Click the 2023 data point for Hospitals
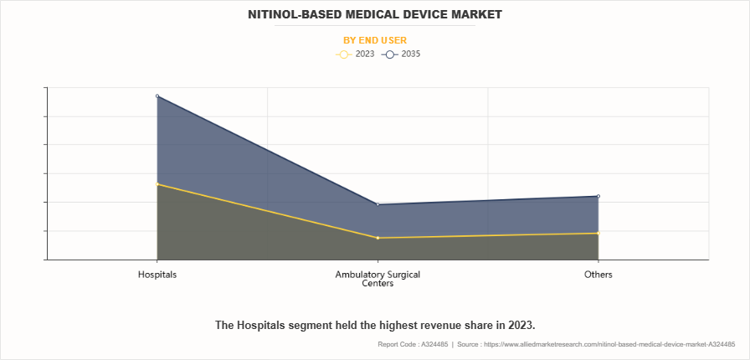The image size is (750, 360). pos(157,184)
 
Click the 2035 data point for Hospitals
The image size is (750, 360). pos(157,96)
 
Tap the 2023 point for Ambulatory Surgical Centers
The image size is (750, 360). pos(378,238)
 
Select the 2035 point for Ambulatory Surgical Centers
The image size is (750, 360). pos(378,204)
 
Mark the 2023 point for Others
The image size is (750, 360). pos(598,233)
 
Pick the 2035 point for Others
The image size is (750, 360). pos(598,196)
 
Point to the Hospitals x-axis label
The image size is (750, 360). pos(157,275)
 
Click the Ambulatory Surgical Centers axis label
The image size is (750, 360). pos(378,279)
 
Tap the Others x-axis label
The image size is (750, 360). pos(598,275)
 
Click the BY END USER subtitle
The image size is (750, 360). pos(375,39)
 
